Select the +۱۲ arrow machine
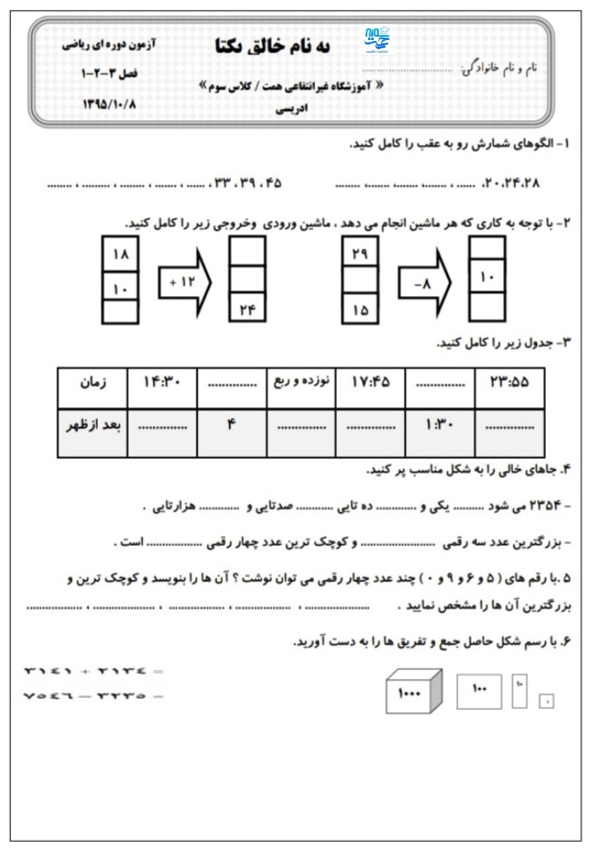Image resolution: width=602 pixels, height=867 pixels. point(185,282)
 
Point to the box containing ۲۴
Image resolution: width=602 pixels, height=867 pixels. point(247,309)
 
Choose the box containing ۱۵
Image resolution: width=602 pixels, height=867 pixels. point(360,309)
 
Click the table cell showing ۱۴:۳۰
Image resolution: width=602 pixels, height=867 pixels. point(162,383)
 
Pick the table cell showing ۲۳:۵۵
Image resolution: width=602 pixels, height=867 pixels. point(508,383)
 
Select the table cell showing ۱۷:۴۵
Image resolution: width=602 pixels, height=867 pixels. point(370,383)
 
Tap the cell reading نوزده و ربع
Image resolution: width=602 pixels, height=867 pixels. point(301,383)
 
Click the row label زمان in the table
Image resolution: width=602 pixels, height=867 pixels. point(92,383)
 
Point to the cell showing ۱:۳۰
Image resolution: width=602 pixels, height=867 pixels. point(439,425)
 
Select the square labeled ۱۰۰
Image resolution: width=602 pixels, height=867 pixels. point(479,690)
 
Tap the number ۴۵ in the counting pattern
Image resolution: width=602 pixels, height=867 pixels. point(272,182)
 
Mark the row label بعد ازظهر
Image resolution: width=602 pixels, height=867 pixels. point(92,425)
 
